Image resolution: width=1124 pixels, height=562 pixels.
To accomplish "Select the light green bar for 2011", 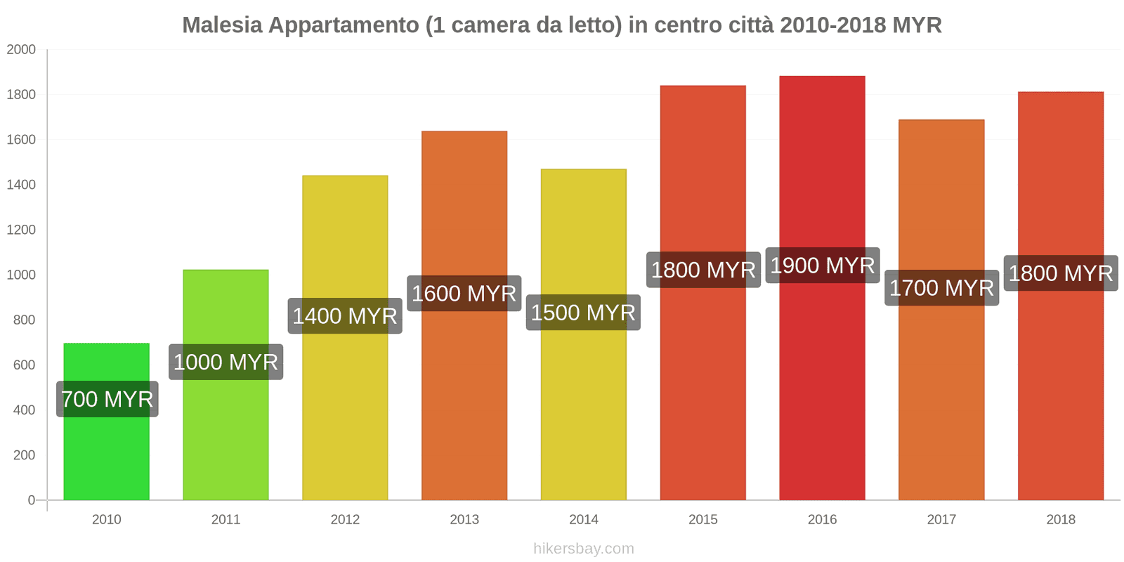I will point(226,436).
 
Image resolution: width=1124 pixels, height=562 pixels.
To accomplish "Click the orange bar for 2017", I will point(941,400).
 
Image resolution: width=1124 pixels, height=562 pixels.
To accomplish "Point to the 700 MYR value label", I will point(107,399).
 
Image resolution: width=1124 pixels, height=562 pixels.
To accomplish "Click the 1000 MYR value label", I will point(226,362).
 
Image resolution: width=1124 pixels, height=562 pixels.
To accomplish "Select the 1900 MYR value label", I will point(822,266).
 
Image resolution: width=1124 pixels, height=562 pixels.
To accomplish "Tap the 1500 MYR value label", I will point(583,313).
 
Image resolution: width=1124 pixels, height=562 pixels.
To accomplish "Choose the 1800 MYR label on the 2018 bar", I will point(1061,273).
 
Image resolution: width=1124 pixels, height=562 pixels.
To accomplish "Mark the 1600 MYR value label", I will point(464,294).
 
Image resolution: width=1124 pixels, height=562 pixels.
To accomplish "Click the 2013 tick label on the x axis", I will point(464,520).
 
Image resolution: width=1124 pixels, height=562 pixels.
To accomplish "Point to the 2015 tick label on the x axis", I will point(702,520).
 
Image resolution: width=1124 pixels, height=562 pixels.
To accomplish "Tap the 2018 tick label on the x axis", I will point(1061,520).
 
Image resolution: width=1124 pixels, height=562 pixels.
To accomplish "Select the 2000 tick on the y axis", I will point(21,50).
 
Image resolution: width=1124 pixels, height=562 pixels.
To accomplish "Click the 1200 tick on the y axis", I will point(21,230).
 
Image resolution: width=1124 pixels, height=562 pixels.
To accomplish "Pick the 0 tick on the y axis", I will point(31,500).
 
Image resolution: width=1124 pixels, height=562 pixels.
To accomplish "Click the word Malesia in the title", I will point(222,25).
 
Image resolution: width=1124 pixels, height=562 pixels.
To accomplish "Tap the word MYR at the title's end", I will point(917,25).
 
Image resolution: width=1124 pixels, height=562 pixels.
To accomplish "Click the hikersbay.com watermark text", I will point(583,549).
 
